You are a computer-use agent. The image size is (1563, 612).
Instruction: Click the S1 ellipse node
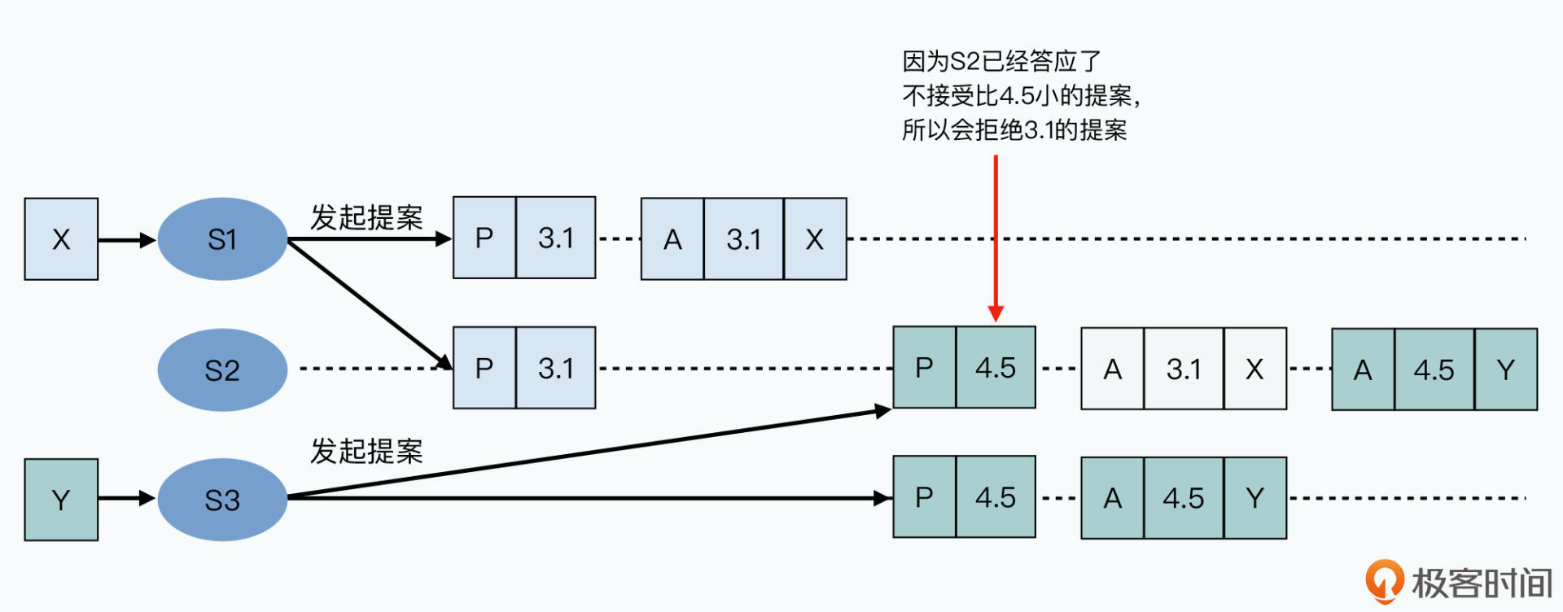pyautogui.click(x=222, y=239)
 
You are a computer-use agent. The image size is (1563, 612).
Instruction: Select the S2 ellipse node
pyautogui.click(x=222, y=370)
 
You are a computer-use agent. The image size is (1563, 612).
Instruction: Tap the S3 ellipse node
pyautogui.click(x=222, y=500)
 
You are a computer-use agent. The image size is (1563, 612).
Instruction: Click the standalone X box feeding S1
pyautogui.click(x=61, y=239)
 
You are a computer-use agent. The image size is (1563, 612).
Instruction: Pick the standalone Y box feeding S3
pyautogui.click(x=61, y=500)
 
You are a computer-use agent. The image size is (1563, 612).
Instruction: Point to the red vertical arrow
pyautogui.click(x=996, y=236)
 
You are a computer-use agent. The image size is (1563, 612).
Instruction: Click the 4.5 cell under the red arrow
pyautogui.click(x=996, y=368)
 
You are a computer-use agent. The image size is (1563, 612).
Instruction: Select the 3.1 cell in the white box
pyautogui.click(x=1184, y=369)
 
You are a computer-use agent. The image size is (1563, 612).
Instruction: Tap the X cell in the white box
pyautogui.click(x=1254, y=369)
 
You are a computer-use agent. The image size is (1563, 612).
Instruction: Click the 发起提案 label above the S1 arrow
pyautogui.click(x=366, y=217)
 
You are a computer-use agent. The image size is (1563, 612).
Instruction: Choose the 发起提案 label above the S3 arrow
pyautogui.click(x=366, y=451)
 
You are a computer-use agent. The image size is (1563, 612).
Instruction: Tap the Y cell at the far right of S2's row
pyautogui.click(x=1505, y=370)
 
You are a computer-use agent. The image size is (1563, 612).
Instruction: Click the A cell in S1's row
pyautogui.click(x=672, y=239)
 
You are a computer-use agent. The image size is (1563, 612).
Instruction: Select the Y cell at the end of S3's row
pyautogui.click(x=1254, y=498)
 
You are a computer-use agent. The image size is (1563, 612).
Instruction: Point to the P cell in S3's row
pyautogui.click(x=924, y=497)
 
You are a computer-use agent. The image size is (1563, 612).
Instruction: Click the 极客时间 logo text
pyautogui.click(x=1482, y=583)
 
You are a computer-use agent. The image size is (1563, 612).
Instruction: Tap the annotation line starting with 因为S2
pyautogui.click(x=1001, y=61)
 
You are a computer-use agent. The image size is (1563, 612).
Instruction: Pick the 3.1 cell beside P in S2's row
pyautogui.click(x=556, y=368)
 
